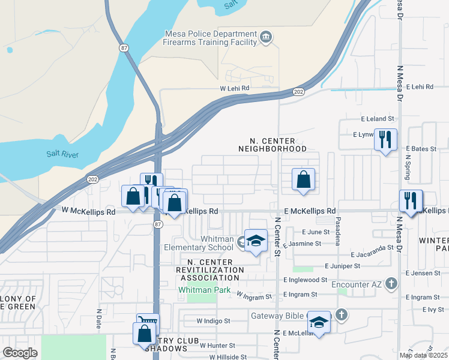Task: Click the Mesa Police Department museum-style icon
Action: [267, 38]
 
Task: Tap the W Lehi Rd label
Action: [234, 88]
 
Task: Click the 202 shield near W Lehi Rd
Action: [298, 92]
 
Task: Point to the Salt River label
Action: [62, 154]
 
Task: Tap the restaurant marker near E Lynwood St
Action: [385, 140]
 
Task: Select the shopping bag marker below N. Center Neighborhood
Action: [304, 179]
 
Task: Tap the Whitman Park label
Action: [199, 289]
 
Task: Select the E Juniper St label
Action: [342, 265]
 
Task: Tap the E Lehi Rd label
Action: [420, 87]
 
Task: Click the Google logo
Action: [20, 353]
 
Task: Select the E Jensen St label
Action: [423, 273]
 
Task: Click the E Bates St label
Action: [420, 148]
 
